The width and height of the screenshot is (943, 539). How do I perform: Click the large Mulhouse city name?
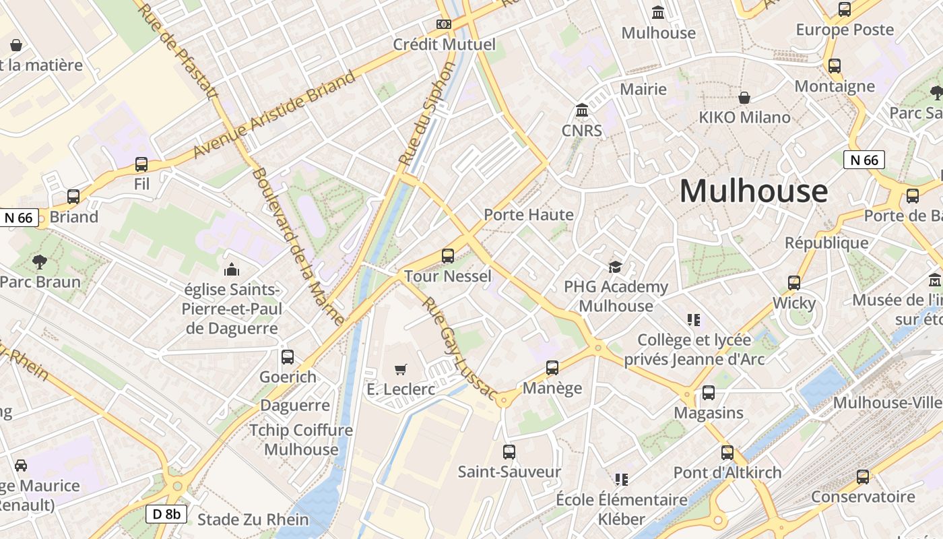click(x=753, y=191)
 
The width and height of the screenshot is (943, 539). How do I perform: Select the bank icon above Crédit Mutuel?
click(x=443, y=24)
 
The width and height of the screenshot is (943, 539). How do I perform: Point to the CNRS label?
click(x=582, y=130)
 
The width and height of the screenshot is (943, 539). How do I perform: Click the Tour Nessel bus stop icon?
click(x=448, y=256)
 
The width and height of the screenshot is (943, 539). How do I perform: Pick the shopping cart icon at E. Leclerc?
click(x=401, y=369)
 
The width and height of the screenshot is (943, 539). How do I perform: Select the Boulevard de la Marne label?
click(x=298, y=247)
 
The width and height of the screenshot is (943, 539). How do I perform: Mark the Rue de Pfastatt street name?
click(x=177, y=49)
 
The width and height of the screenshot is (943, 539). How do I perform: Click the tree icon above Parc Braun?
click(x=40, y=261)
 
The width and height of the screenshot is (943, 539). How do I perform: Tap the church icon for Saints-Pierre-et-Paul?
click(x=232, y=269)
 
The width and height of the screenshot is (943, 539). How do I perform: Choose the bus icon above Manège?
click(x=552, y=368)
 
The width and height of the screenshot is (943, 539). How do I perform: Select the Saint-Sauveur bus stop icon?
click(x=509, y=451)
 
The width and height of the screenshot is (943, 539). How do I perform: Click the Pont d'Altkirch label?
click(x=727, y=472)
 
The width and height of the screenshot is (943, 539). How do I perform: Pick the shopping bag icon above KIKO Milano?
click(x=744, y=98)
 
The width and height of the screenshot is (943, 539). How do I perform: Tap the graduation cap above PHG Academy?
click(x=615, y=267)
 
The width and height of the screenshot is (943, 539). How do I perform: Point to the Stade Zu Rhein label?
click(x=253, y=519)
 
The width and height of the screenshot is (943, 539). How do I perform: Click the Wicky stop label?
click(x=794, y=303)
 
